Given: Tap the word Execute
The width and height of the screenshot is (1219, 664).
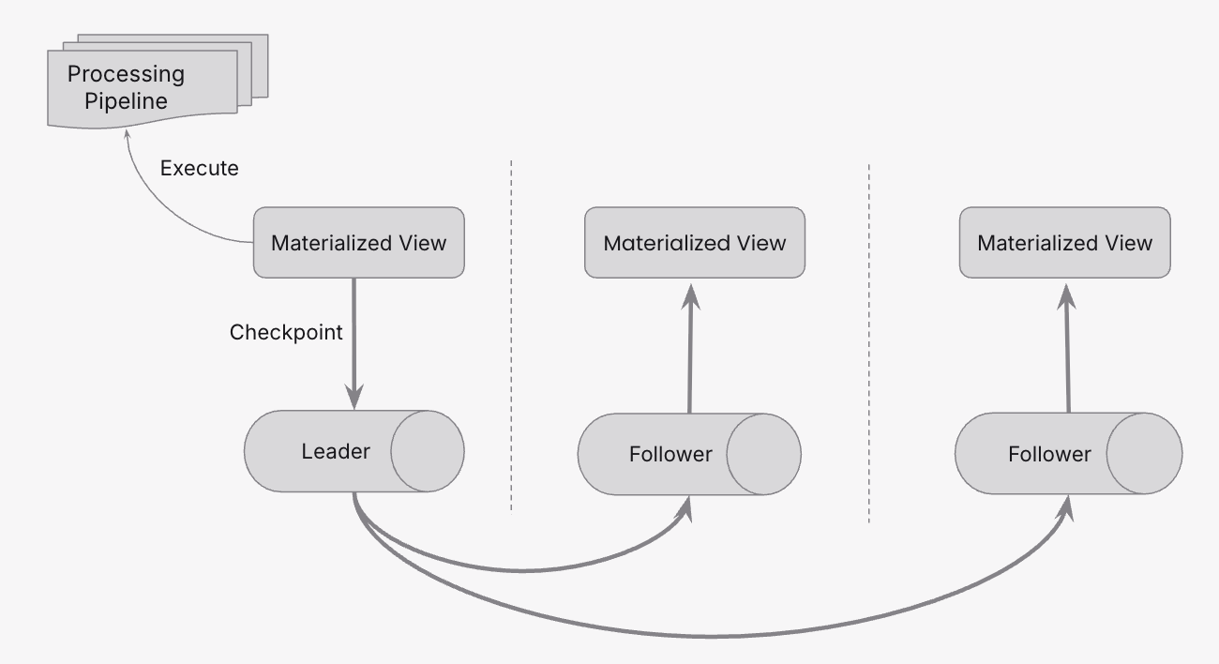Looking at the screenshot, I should click(199, 169).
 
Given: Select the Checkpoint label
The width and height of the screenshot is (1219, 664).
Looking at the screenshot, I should click(286, 332).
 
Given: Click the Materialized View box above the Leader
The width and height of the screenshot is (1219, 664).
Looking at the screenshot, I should click(358, 243).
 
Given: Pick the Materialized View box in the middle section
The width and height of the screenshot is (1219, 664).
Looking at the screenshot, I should click(694, 243).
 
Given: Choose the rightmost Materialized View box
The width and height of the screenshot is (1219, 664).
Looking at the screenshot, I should click(1064, 243).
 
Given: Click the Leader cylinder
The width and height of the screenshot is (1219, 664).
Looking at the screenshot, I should click(319, 451).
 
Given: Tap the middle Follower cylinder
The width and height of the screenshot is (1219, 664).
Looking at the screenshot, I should click(656, 455).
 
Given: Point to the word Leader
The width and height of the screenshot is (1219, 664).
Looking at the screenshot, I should click(336, 451).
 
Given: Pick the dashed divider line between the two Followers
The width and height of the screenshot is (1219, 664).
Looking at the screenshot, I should click(869, 342).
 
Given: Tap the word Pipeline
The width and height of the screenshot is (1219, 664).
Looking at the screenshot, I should click(126, 100).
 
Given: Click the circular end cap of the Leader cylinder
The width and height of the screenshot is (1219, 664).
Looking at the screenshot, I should click(427, 451).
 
